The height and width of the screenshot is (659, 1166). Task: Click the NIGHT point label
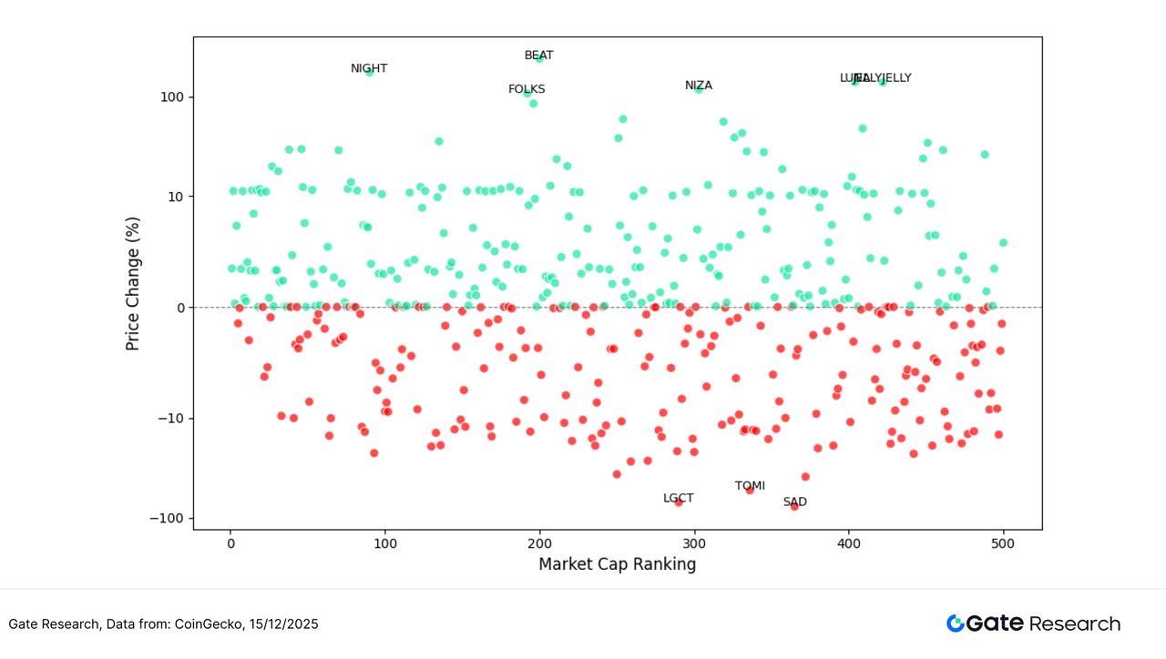(x=369, y=69)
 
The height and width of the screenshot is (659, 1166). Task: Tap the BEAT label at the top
(x=538, y=56)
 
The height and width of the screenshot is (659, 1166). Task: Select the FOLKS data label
(x=527, y=89)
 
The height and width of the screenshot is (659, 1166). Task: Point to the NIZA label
(x=699, y=86)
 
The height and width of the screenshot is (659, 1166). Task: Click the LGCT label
(x=678, y=498)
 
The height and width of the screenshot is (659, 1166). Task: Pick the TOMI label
(x=750, y=486)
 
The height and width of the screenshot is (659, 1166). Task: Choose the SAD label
(x=794, y=502)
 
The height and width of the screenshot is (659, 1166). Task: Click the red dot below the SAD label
(x=794, y=507)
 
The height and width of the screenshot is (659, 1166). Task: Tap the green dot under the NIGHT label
(x=369, y=73)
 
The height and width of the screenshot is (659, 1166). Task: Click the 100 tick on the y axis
(x=173, y=97)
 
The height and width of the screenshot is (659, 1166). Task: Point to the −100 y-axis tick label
(x=169, y=519)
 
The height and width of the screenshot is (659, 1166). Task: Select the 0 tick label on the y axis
(x=180, y=308)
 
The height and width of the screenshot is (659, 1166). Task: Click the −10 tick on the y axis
(x=172, y=419)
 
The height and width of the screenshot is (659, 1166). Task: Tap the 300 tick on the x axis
(x=694, y=543)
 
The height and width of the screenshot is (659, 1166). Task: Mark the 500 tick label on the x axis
(x=1004, y=543)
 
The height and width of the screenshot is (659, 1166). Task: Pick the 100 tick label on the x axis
(x=384, y=543)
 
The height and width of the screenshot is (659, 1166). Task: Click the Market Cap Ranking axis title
(x=617, y=564)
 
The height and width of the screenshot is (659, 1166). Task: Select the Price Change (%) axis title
(x=134, y=284)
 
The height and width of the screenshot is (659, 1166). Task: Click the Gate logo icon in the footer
(x=955, y=624)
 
